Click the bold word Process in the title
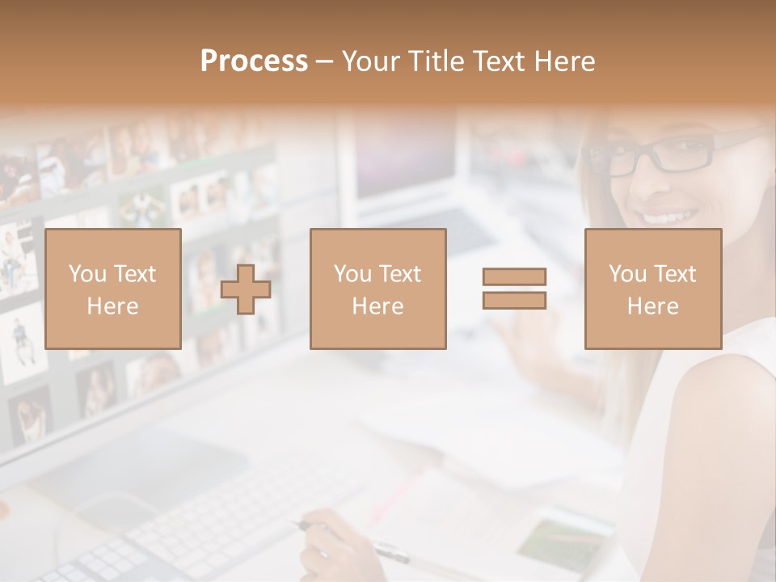coord(254,61)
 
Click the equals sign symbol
coord(514,289)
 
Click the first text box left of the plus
coord(112,289)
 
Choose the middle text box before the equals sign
coord(377,289)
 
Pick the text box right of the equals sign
coord(652,289)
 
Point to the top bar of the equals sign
coord(514,276)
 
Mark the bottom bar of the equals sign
coord(514,301)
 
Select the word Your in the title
coord(373,61)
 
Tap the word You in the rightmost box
coord(627,274)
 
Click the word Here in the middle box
coord(377,306)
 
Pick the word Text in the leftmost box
coord(134,274)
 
